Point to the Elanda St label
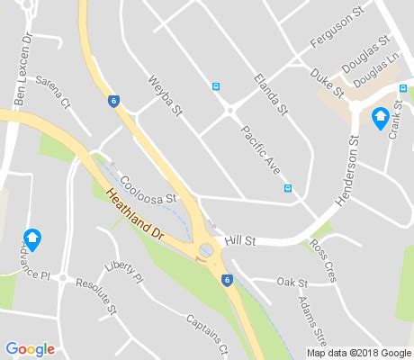tap(269, 94)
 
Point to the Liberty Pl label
tap(124, 273)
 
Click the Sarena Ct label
tap(52, 92)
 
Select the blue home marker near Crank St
tap(381, 117)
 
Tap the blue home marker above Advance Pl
tap(32, 239)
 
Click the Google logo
tap(30, 349)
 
